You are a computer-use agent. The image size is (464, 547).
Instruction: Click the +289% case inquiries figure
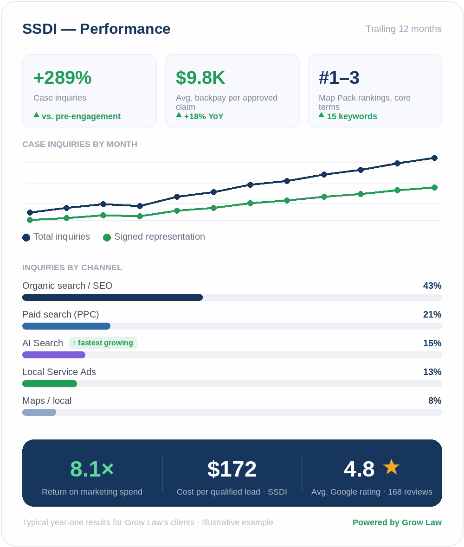pos(63,77)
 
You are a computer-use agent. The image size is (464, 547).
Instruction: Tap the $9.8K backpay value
pos(200,77)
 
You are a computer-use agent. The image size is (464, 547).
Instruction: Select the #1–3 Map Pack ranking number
pos(339,77)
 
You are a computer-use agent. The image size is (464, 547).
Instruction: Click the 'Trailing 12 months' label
pos(403,29)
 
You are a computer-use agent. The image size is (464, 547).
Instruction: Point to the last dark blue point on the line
pos(434,158)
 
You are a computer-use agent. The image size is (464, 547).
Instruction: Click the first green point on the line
pos(30,220)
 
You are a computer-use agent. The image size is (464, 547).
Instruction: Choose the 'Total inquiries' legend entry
pos(56,237)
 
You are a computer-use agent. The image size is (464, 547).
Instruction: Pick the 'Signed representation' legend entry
pos(154,237)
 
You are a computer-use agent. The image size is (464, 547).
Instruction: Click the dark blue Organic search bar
pos(112,297)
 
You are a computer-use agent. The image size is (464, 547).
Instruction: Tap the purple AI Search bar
pos(54,355)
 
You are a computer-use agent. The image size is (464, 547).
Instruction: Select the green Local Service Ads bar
pos(50,384)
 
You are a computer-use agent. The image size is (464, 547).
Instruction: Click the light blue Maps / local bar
pos(39,413)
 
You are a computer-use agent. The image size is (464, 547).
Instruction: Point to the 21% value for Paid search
pos(432,315)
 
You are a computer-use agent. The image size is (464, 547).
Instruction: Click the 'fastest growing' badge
pos(103,343)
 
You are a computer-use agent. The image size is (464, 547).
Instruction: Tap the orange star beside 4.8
pos(391,467)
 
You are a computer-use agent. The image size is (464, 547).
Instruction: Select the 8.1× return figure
pos(92,469)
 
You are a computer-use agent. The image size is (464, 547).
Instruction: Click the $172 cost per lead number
pos(232,469)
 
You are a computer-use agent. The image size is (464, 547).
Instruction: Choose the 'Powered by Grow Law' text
pos(397,522)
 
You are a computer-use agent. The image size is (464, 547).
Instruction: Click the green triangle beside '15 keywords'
pos(322,115)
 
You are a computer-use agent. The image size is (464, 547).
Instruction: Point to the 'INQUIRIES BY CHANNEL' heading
pos(72,267)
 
